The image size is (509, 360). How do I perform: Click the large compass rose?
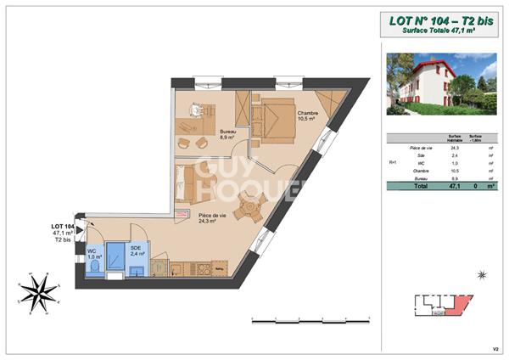[37, 294]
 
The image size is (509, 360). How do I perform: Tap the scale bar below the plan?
[311, 319]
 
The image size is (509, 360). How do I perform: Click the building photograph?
[441, 84]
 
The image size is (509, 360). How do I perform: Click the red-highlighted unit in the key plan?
[459, 303]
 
